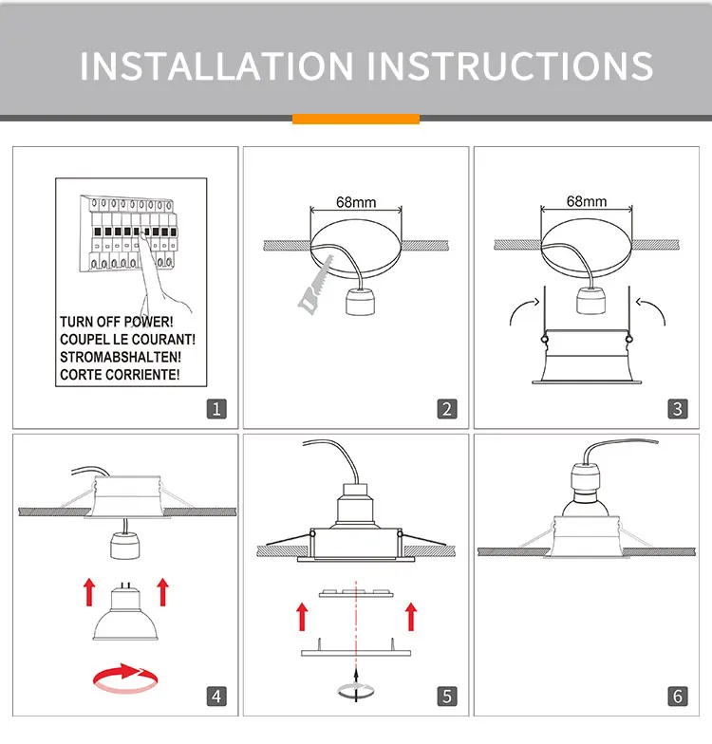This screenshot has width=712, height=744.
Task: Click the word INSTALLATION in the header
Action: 216,65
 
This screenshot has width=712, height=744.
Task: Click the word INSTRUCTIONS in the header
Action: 510,65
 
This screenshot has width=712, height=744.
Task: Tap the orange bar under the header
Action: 355,119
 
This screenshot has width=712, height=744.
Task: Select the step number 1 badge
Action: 216,409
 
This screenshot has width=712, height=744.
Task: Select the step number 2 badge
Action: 447,409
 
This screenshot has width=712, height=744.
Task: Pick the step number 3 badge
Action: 677,409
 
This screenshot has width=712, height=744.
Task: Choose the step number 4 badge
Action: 216,696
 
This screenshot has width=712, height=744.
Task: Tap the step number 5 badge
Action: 447,696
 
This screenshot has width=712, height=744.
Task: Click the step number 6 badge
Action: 677,696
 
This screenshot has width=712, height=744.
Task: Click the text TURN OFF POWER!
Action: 116,323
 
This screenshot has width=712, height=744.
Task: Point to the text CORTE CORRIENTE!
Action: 119,375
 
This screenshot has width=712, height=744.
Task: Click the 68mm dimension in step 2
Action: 356,202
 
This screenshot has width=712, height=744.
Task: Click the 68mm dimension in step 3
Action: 586,201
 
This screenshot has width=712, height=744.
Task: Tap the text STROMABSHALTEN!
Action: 120,358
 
